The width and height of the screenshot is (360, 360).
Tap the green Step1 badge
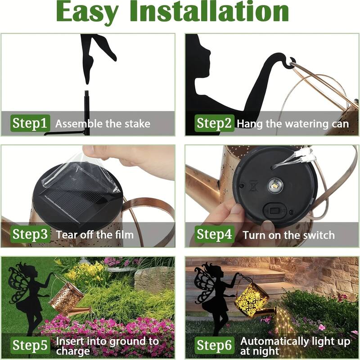click(x=30, y=123)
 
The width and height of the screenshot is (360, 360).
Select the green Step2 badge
click(x=215, y=123)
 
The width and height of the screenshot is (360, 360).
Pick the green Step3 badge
click(x=30, y=234)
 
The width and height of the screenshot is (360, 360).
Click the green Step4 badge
click(x=215, y=234)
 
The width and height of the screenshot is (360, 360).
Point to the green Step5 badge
click(x=30, y=345)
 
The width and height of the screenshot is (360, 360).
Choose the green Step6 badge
click(x=215, y=345)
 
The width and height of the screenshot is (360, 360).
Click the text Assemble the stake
click(x=103, y=124)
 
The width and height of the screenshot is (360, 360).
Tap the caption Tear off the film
click(x=95, y=234)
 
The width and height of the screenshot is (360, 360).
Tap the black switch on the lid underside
click(x=275, y=209)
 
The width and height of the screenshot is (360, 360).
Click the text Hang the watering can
click(x=293, y=124)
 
